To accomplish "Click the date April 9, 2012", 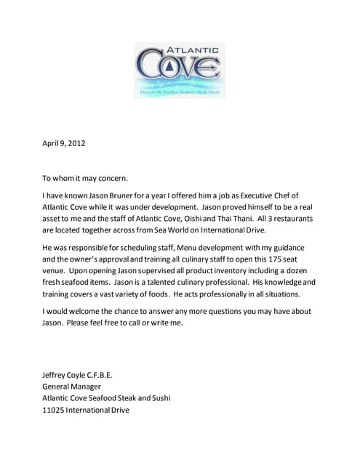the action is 64,143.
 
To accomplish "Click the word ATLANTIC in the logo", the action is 193,50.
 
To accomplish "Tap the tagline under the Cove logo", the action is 180,93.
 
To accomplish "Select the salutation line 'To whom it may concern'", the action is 85,177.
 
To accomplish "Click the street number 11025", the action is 54,410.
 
